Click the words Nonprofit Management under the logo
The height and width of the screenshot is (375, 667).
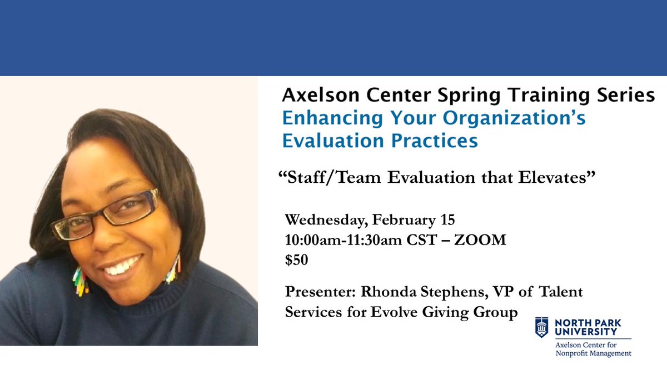coord(594,353)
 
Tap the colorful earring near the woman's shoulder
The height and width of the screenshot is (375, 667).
coord(81,281)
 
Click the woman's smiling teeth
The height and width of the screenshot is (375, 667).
coord(123,266)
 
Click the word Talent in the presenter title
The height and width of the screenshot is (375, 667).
coord(561,291)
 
